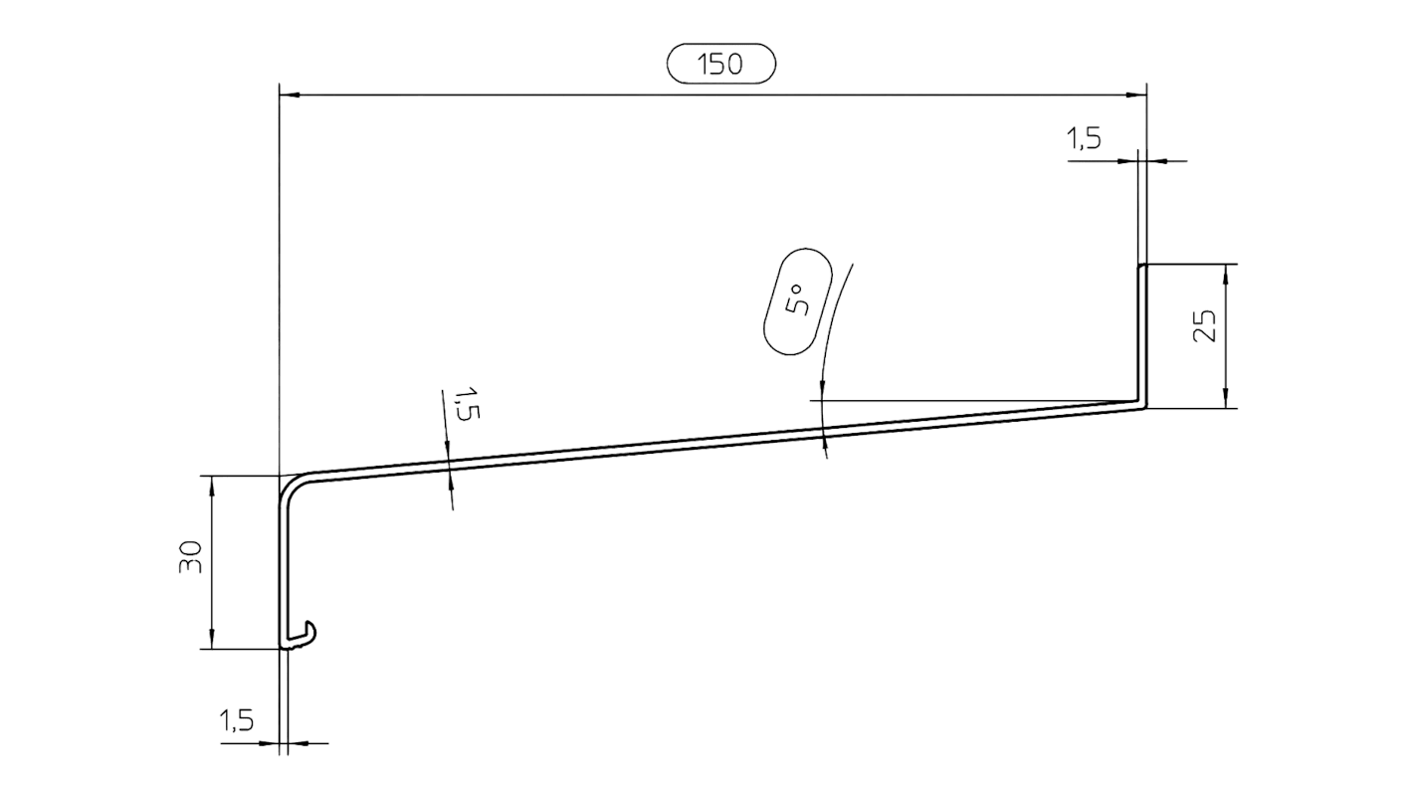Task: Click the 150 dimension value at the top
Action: tap(720, 65)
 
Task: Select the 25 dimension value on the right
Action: tap(1204, 326)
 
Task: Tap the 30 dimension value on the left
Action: tap(192, 558)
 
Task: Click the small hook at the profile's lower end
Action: tap(305, 633)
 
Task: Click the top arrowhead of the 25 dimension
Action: tap(1225, 273)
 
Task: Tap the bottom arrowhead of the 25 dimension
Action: tap(1225, 399)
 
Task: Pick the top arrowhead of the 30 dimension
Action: tap(212, 484)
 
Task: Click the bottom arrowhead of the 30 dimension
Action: tap(212, 641)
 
